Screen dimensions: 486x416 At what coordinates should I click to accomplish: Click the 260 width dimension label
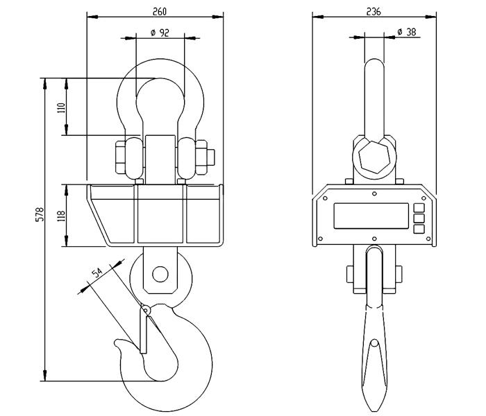click(160, 12)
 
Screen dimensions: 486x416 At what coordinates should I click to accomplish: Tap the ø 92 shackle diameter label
click(160, 33)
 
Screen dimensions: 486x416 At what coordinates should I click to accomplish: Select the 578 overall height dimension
click(40, 214)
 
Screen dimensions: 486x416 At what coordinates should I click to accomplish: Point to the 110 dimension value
click(61, 107)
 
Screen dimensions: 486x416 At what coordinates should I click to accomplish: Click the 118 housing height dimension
click(61, 216)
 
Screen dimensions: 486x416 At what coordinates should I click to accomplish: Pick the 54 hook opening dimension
click(97, 272)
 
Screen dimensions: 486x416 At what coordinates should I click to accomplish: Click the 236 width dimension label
click(374, 12)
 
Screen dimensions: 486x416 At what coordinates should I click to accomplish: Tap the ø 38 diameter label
click(407, 32)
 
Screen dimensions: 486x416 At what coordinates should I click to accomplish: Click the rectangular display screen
click(371, 216)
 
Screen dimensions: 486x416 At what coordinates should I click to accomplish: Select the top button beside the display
click(419, 207)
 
